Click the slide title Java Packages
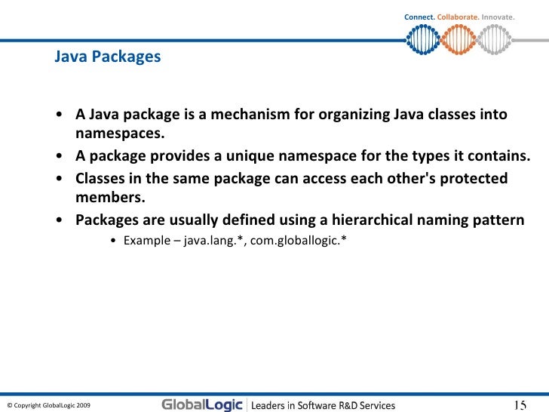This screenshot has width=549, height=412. point(107,57)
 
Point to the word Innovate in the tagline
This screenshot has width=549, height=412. point(496,17)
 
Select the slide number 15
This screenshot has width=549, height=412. point(520,404)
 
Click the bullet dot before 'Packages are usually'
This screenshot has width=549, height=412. point(59,221)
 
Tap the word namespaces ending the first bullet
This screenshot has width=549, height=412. point(119,135)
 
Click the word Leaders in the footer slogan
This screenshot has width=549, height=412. point(268,405)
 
